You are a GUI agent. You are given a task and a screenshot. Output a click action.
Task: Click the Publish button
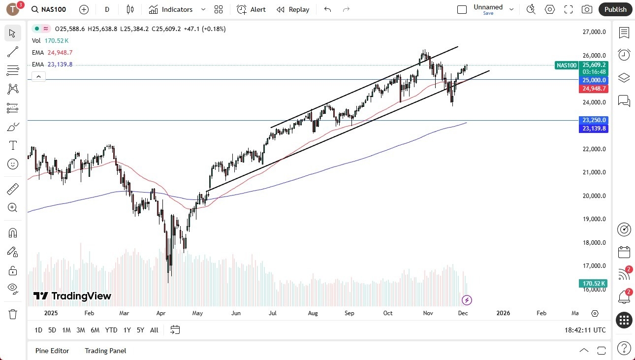pos(615,9)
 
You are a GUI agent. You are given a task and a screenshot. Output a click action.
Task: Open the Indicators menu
pos(177,9)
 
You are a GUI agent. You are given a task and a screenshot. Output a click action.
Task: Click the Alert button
pos(252,9)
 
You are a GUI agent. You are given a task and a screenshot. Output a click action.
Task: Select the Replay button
pos(293,9)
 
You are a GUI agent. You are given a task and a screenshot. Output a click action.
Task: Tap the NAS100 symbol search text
pos(55,9)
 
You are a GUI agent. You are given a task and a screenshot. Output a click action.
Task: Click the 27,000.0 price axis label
pos(594,32)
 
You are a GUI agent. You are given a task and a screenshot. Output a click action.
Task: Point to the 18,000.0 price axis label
pos(594,242)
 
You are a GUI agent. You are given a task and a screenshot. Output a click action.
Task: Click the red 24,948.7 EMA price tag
pos(594,89)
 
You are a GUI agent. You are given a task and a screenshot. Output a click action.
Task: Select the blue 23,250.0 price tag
pos(594,120)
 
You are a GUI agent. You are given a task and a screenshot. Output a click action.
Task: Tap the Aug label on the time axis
pos(313,313)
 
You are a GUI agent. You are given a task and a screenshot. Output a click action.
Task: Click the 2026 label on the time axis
pos(503,313)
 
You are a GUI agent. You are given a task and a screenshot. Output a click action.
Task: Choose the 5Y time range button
pos(140,330)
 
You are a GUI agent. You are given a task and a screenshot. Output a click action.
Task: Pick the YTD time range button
pos(111,330)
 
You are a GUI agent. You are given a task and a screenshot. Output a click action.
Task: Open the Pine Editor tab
pos(52,351)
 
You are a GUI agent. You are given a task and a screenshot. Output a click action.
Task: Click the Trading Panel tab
pos(105,351)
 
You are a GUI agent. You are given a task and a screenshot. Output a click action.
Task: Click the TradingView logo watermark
pos(72,296)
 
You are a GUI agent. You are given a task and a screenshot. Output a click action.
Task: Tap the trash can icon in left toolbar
pos(13,314)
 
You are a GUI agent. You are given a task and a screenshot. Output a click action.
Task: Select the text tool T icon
pos(13,145)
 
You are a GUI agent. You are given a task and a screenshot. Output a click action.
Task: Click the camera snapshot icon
pos(587,9)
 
